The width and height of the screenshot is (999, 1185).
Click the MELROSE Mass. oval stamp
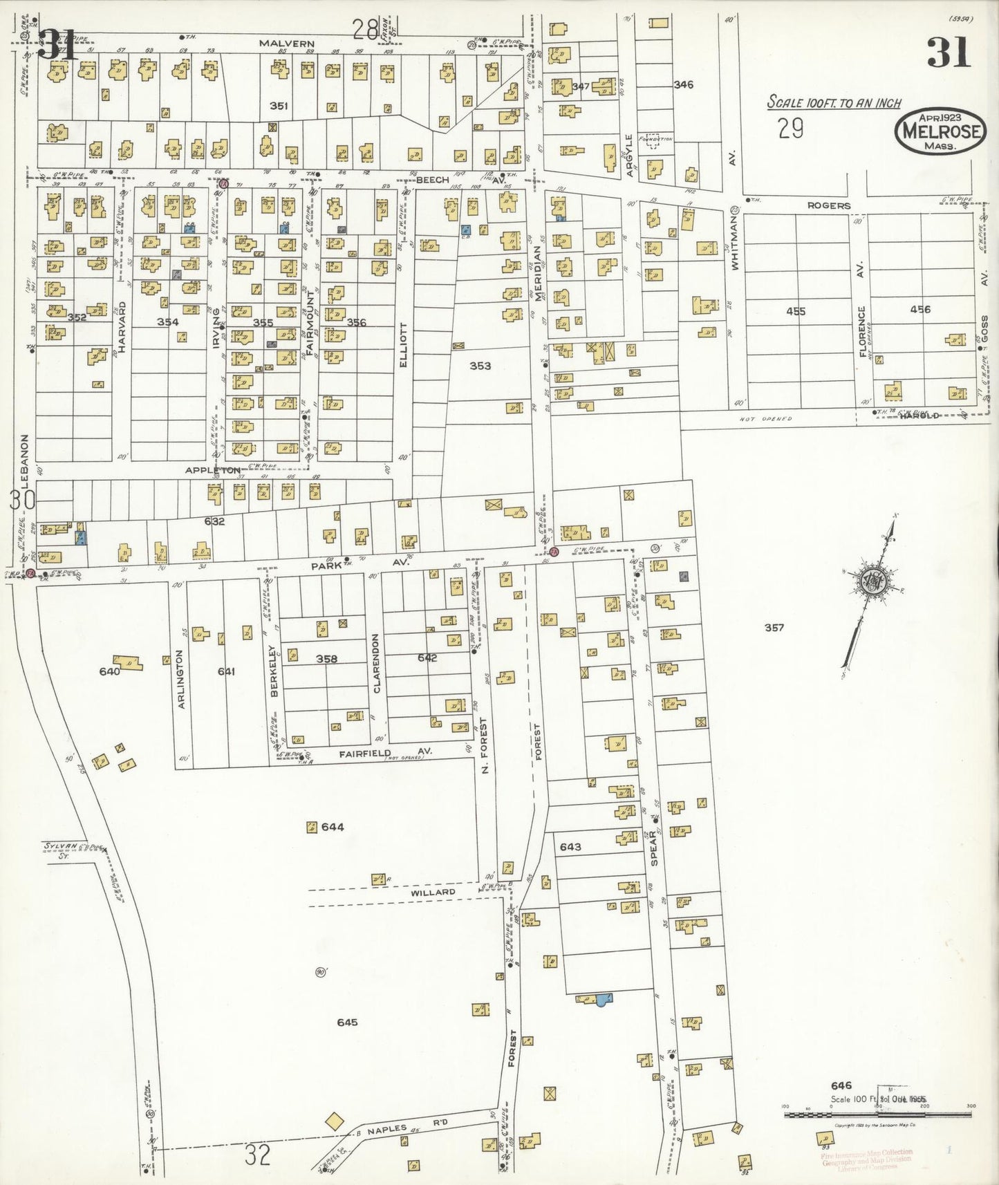click(x=941, y=130)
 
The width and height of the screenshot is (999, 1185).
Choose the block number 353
click(x=480, y=365)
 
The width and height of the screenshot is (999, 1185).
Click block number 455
click(x=796, y=311)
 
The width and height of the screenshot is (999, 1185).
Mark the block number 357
click(x=774, y=628)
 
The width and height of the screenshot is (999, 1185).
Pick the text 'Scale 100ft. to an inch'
click(x=834, y=103)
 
